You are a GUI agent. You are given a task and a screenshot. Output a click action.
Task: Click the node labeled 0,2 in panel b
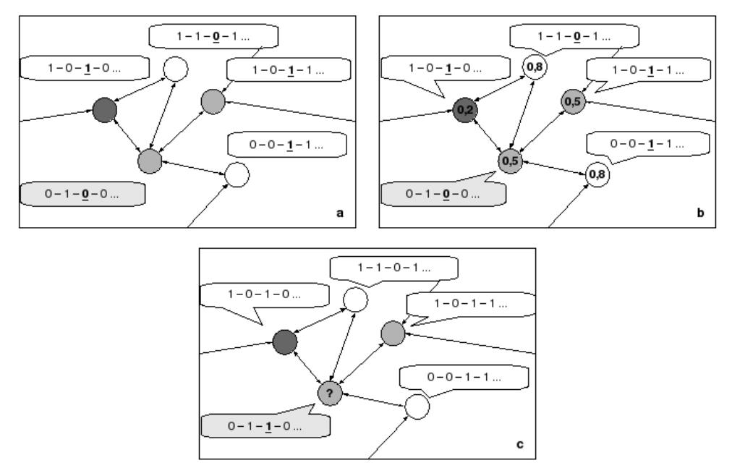(x=464, y=111)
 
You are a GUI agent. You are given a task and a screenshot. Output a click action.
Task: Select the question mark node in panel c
(x=328, y=393)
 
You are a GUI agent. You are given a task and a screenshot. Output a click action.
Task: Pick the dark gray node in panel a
(x=104, y=110)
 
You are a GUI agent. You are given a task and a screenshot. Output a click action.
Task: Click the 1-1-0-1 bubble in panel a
(x=214, y=35)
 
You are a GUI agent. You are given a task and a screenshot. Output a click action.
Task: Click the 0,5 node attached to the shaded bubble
(x=511, y=160)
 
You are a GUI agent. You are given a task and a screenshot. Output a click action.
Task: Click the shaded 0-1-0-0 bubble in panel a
(x=81, y=194)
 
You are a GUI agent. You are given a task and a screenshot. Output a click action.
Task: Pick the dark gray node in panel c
(x=285, y=341)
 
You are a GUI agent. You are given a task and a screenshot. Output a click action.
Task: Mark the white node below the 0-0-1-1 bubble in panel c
(x=417, y=407)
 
